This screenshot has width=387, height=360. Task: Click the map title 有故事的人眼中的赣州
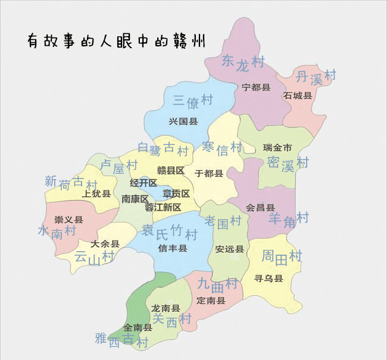tap(117, 40)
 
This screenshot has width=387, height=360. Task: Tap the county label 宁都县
tap(256, 87)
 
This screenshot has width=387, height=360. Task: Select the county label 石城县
tap(298, 95)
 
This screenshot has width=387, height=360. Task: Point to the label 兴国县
tap(183, 121)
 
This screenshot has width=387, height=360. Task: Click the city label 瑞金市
tap(277, 148)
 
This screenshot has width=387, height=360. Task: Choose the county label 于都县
tap(208, 173)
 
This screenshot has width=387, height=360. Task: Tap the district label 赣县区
tap(171, 171)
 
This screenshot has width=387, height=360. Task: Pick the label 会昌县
tap(260, 208)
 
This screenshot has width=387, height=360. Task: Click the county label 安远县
tap(230, 249)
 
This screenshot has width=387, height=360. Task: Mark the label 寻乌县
tap(268, 278)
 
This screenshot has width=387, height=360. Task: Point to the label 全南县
tap(138, 327)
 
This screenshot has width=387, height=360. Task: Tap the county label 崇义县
tap(68, 220)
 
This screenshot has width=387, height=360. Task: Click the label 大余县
tap(105, 243)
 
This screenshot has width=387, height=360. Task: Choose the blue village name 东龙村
tap(242, 62)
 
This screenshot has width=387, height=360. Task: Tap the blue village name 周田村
tap(282, 256)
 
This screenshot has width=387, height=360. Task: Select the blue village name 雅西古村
tap(121, 340)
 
